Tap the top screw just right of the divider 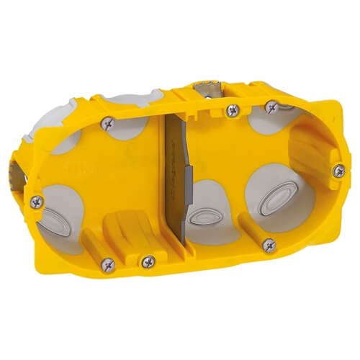[x=232, y=110]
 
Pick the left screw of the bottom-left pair [x=107, y=264]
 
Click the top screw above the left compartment [x=109, y=122]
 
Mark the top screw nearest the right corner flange [x=271, y=107]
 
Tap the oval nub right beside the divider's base [x=209, y=217]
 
